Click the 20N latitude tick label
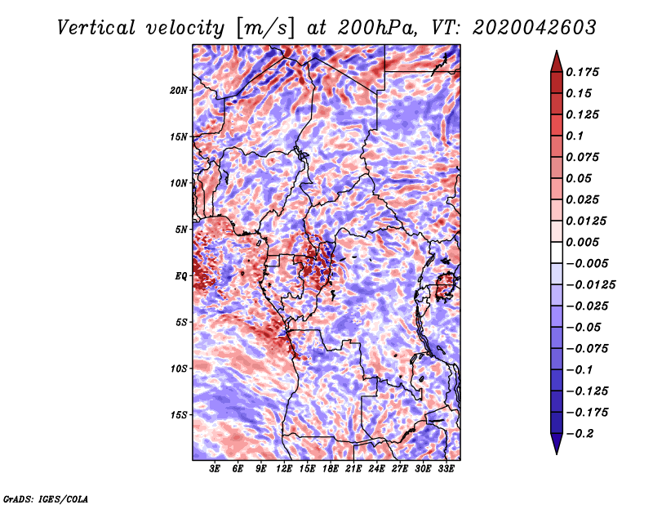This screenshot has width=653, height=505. click(x=180, y=90)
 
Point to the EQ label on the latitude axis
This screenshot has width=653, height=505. click(x=181, y=275)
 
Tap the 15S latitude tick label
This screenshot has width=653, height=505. click(x=180, y=414)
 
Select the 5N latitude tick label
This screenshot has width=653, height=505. click(x=182, y=229)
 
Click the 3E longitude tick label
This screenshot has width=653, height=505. click(x=215, y=469)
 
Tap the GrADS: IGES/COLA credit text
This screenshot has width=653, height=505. click(x=45, y=498)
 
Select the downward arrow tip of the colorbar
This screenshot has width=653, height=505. click(x=556, y=450)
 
